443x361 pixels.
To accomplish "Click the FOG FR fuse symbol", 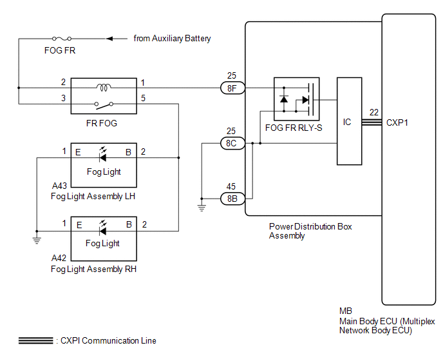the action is [x=62, y=39].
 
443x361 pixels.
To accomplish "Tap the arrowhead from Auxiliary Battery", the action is [x=109, y=39].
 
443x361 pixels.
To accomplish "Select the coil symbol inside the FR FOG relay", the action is [x=104, y=88].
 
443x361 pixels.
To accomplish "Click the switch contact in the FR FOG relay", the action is [x=104, y=105].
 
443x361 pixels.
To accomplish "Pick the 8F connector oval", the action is [x=232, y=88].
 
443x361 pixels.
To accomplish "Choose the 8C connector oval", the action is [x=232, y=144].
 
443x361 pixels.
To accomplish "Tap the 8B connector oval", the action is [x=232, y=199].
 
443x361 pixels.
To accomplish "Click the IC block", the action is [x=349, y=121].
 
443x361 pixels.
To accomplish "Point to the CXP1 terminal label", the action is [x=397, y=122].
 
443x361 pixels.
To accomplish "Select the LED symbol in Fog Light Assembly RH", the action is [x=103, y=228].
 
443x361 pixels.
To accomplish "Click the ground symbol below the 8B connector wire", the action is [x=202, y=208].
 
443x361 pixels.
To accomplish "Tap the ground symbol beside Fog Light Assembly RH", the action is [x=37, y=240].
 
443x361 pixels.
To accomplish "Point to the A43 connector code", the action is [x=59, y=186].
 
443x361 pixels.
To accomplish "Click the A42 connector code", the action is [x=59, y=258].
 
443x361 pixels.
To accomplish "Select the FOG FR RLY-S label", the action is [x=294, y=128].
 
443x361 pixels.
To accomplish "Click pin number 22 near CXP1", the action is [x=373, y=112].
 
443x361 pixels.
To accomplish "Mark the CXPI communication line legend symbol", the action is [x=36, y=340].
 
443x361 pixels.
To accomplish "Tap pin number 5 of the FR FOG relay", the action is [x=143, y=98].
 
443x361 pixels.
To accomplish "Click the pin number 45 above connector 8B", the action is [x=231, y=186].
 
